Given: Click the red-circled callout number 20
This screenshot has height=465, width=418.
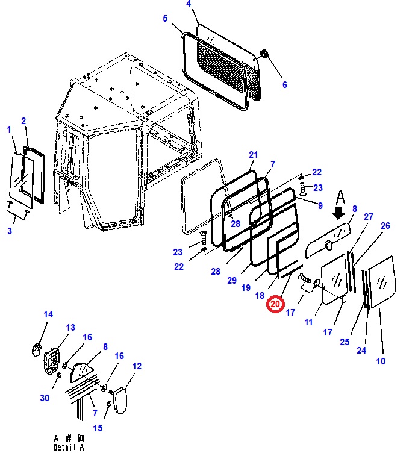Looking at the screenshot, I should [275, 304].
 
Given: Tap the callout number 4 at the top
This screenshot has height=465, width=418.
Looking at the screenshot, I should [189, 4].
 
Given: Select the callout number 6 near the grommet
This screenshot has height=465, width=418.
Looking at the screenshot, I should [285, 84].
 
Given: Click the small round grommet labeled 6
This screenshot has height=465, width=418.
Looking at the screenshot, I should [263, 57].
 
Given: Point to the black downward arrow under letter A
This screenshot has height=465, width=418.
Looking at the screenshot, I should [338, 213].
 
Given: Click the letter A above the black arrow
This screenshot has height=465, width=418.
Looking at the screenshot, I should [340, 197].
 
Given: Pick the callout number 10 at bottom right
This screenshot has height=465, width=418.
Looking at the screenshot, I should [381, 361].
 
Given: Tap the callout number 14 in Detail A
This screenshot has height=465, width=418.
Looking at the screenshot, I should [48, 314].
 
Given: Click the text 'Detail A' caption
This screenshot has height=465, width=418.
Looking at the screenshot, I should [69, 447].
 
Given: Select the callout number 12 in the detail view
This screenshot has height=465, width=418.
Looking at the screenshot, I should [137, 366].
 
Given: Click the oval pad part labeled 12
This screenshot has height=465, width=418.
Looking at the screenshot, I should [119, 399].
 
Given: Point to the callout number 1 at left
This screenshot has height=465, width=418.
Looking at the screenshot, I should [9, 129].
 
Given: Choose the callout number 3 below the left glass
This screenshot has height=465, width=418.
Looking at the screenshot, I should [9, 231].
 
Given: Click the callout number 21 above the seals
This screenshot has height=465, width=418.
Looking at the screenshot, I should [253, 155].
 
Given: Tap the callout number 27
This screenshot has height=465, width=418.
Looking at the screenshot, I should [369, 217].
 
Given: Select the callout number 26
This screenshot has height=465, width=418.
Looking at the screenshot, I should [385, 226].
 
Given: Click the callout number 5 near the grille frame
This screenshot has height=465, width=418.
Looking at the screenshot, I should [165, 19].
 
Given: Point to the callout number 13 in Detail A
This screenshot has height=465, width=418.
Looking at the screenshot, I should [70, 328].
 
